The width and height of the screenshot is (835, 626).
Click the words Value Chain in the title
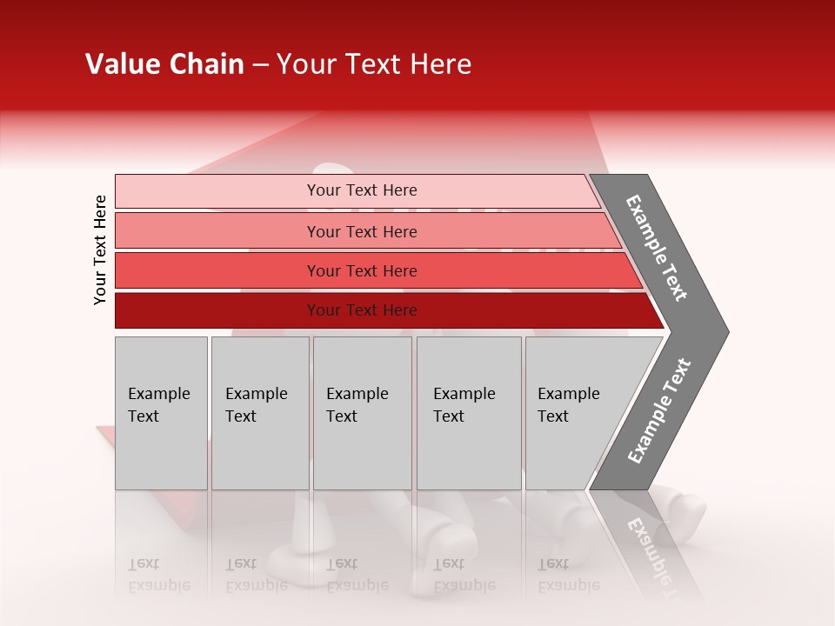click(164, 64)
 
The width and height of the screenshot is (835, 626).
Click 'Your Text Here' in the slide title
click(374, 64)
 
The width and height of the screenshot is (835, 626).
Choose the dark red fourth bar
click(217, 310)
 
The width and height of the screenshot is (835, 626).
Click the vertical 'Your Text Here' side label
click(100, 250)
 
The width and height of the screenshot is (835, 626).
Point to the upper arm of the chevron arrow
click(658, 248)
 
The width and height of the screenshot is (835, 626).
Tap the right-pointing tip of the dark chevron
click(718, 331)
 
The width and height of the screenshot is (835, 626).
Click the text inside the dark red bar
click(362, 310)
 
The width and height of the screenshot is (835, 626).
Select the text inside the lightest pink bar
click(362, 190)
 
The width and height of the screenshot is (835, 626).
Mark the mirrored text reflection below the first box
click(158, 574)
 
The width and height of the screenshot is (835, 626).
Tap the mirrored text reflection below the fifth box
click(568, 574)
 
